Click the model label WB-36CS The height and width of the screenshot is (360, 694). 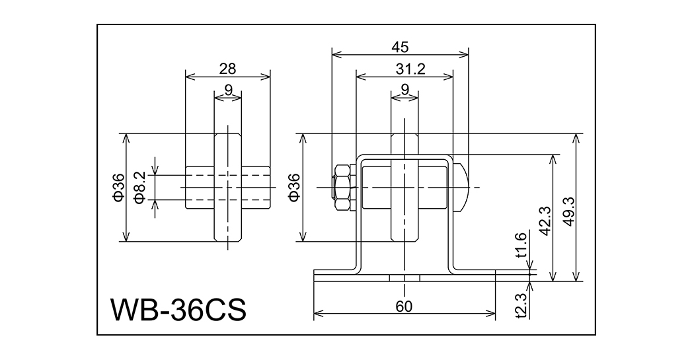pos(178,308)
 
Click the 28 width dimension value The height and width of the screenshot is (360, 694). pos(227,67)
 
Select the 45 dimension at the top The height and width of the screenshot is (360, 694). pos(400,47)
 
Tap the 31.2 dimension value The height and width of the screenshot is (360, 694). pos(404,67)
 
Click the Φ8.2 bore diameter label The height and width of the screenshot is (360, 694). pos(139,187)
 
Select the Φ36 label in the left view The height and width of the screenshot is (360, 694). pos(118,187)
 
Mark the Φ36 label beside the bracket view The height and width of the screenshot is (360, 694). pos(295,187)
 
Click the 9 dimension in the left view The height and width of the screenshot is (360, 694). pos(227,89)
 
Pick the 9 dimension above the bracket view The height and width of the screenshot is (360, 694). pos(404,89)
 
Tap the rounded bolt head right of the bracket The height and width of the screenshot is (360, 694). pos(462,187)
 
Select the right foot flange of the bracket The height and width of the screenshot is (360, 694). pos(475,272)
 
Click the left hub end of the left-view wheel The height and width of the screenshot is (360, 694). pos(200,187)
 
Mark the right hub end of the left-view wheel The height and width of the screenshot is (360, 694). pos(256,187)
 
